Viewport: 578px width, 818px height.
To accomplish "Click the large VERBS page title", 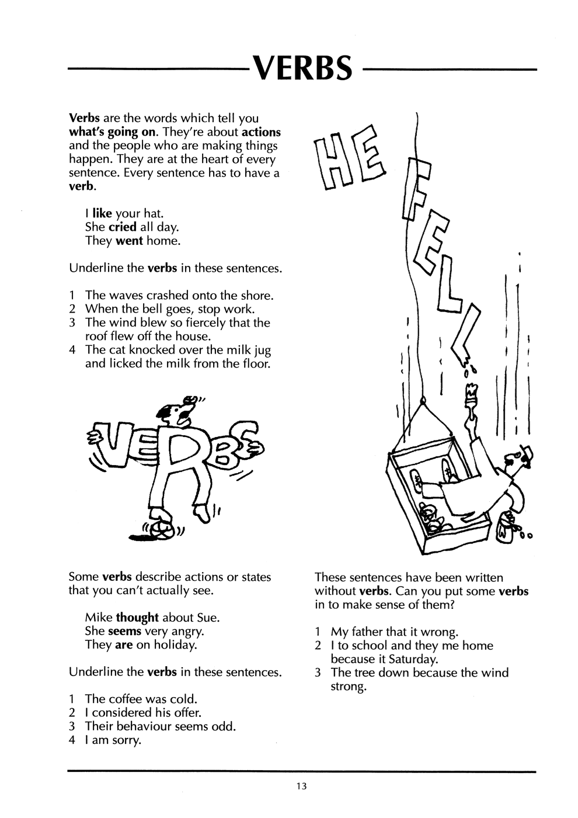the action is coord(302,68).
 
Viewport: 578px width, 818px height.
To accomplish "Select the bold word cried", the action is coord(123,227).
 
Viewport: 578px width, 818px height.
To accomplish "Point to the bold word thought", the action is coord(137,628).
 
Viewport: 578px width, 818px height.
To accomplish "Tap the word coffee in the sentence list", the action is coord(125,709).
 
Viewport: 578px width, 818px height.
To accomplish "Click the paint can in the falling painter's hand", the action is coord(508,526).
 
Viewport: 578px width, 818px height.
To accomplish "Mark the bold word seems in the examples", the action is coord(125,642).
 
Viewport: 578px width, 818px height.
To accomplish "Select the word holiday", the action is coord(176,656).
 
